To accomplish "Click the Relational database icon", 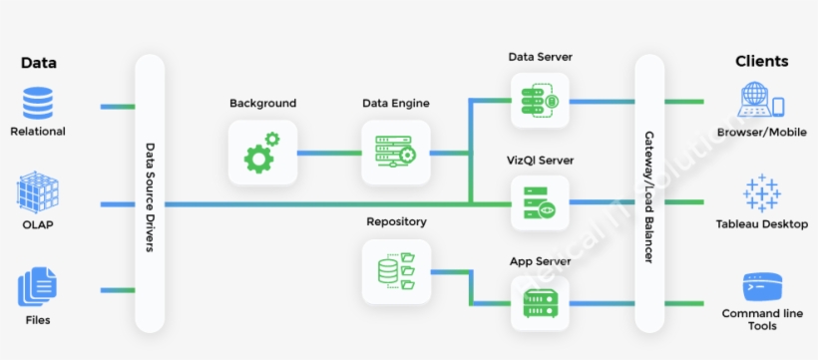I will click(x=38, y=104).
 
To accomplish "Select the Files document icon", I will click(x=38, y=288).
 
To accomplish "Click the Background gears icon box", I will click(x=262, y=153).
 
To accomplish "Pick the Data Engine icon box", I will click(x=395, y=153).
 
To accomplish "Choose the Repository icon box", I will click(x=395, y=271).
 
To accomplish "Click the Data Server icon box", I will click(x=540, y=100).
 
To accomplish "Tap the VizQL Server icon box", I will click(x=540, y=203).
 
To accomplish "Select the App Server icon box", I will click(x=540, y=304).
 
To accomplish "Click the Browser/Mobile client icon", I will click(x=761, y=102).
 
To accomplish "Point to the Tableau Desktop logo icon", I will click(x=761, y=192).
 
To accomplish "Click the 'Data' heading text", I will click(x=39, y=62).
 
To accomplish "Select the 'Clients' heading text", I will click(x=761, y=61).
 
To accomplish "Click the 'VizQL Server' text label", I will click(x=540, y=160).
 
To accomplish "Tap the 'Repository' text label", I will click(x=396, y=221).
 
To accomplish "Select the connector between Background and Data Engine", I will click(x=328, y=154).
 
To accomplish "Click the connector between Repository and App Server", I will click(x=469, y=289).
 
